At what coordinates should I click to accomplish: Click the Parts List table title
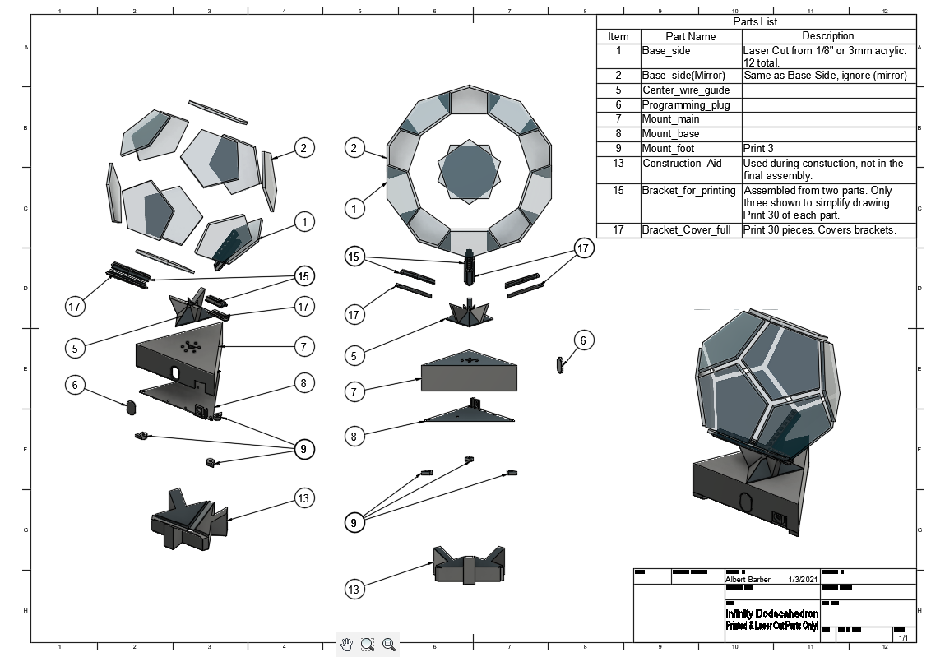(755, 22)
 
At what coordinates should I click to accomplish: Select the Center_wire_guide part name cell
(686, 90)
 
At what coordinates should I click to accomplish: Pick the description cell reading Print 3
(758, 149)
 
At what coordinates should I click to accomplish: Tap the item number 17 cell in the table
(618, 230)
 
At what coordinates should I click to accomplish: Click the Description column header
(827, 36)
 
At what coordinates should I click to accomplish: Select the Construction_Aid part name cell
(681, 163)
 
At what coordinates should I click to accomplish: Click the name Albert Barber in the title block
(748, 580)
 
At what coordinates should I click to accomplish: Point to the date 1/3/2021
(803, 580)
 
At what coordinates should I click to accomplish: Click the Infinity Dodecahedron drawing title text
(771, 614)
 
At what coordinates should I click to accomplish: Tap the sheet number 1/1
(902, 637)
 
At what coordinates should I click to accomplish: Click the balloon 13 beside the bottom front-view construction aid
(354, 589)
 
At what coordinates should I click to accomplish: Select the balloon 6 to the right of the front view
(583, 340)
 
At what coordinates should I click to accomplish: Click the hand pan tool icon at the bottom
(346, 645)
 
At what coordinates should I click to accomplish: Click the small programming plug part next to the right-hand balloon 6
(560, 364)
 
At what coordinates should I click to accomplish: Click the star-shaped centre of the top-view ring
(467, 173)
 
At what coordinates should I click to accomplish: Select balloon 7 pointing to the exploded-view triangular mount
(303, 347)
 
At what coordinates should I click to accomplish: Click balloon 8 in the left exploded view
(303, 382)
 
